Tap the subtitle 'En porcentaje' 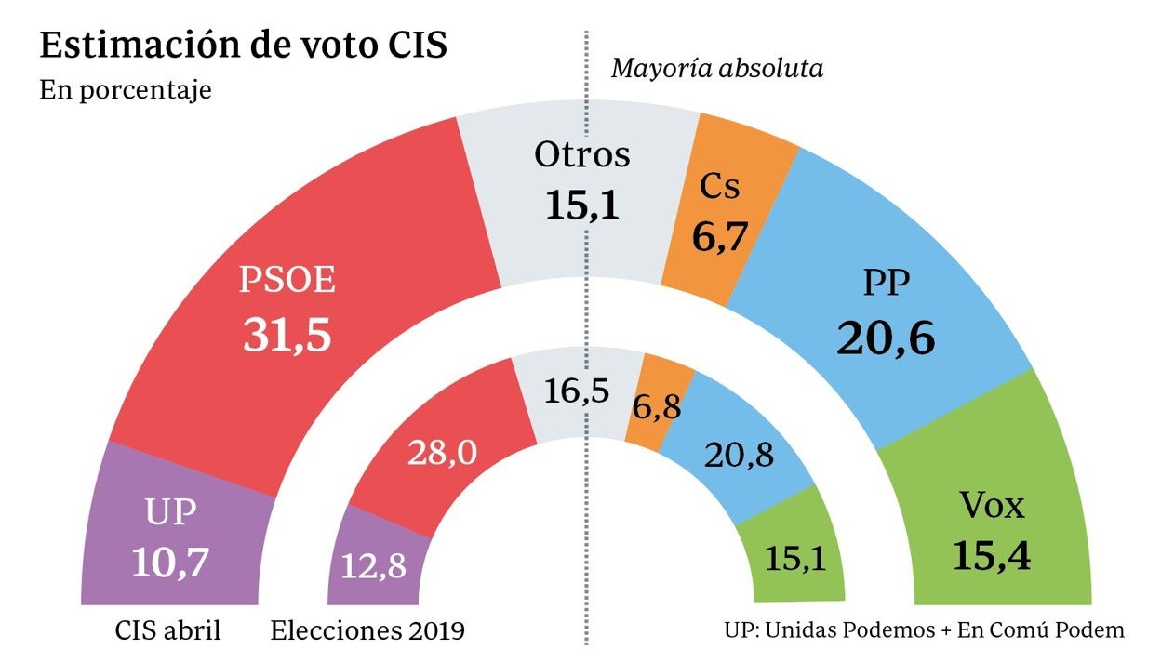[126, 92]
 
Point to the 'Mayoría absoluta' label [716, 69]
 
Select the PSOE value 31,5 [287, 336]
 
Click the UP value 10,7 [171, 562]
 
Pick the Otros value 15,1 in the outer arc [581, 205]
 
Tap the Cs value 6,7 [721, 237]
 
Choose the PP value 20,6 [885, 338]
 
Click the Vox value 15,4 [992, 554]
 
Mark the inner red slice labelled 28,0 [442, 453]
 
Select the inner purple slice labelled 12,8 [374, 565]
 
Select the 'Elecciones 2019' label [367, 631]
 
